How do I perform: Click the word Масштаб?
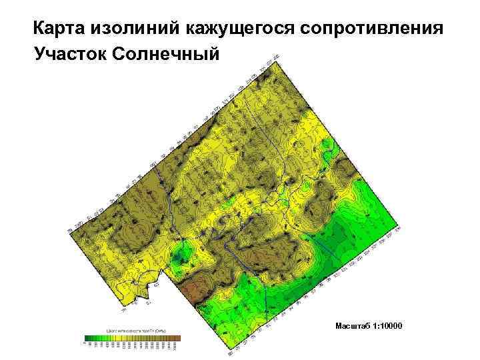(352, 325)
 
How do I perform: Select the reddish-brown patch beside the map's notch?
(195, 291)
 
